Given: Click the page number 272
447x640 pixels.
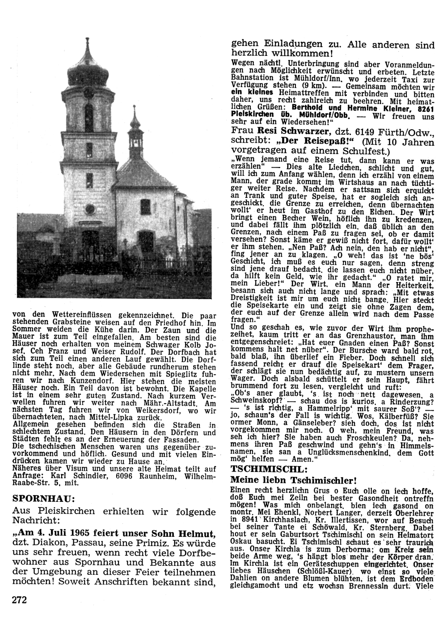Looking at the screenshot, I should click(20, 600).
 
